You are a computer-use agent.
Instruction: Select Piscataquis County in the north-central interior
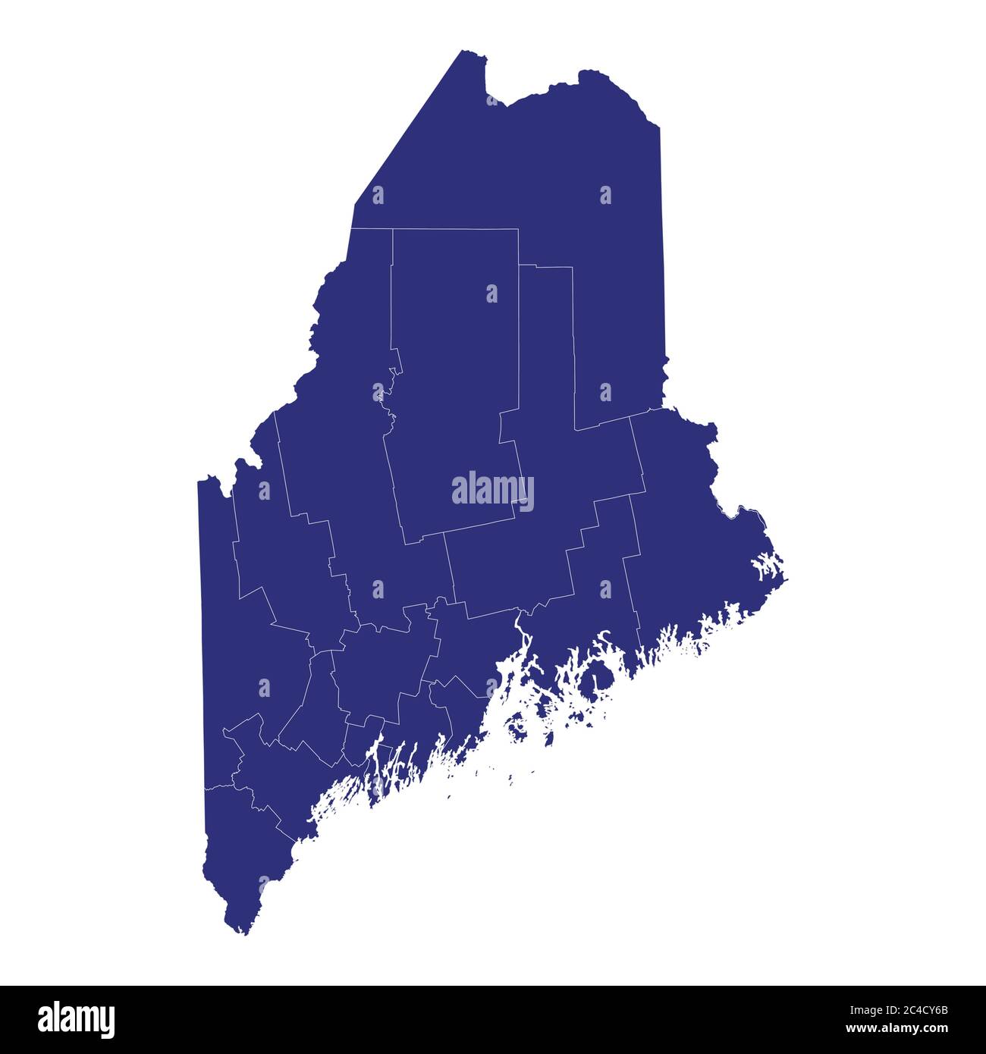pos(455,341)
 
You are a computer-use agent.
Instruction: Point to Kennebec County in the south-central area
pos(379,667)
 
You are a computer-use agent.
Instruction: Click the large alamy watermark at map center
pos(492,491)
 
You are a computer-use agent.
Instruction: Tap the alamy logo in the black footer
pos(76,1019)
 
